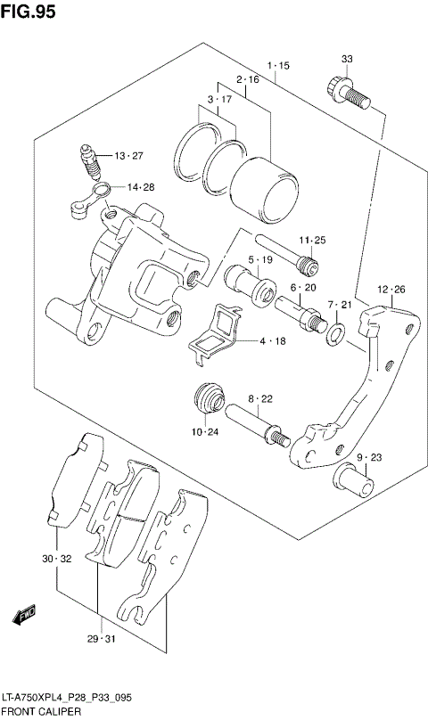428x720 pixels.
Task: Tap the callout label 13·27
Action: pyautogui.click(x=128, y=156)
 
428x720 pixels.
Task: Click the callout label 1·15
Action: pyautogui.click(x=277, y=67)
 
